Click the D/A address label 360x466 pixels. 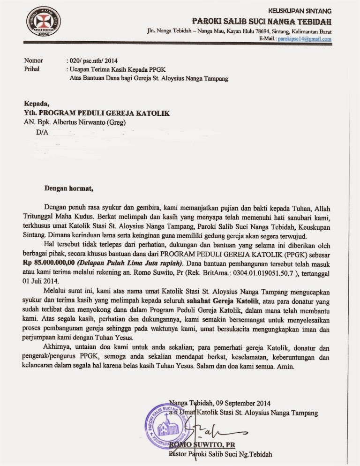[x=42, y=133]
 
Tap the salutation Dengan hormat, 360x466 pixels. [x=69, y=189]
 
